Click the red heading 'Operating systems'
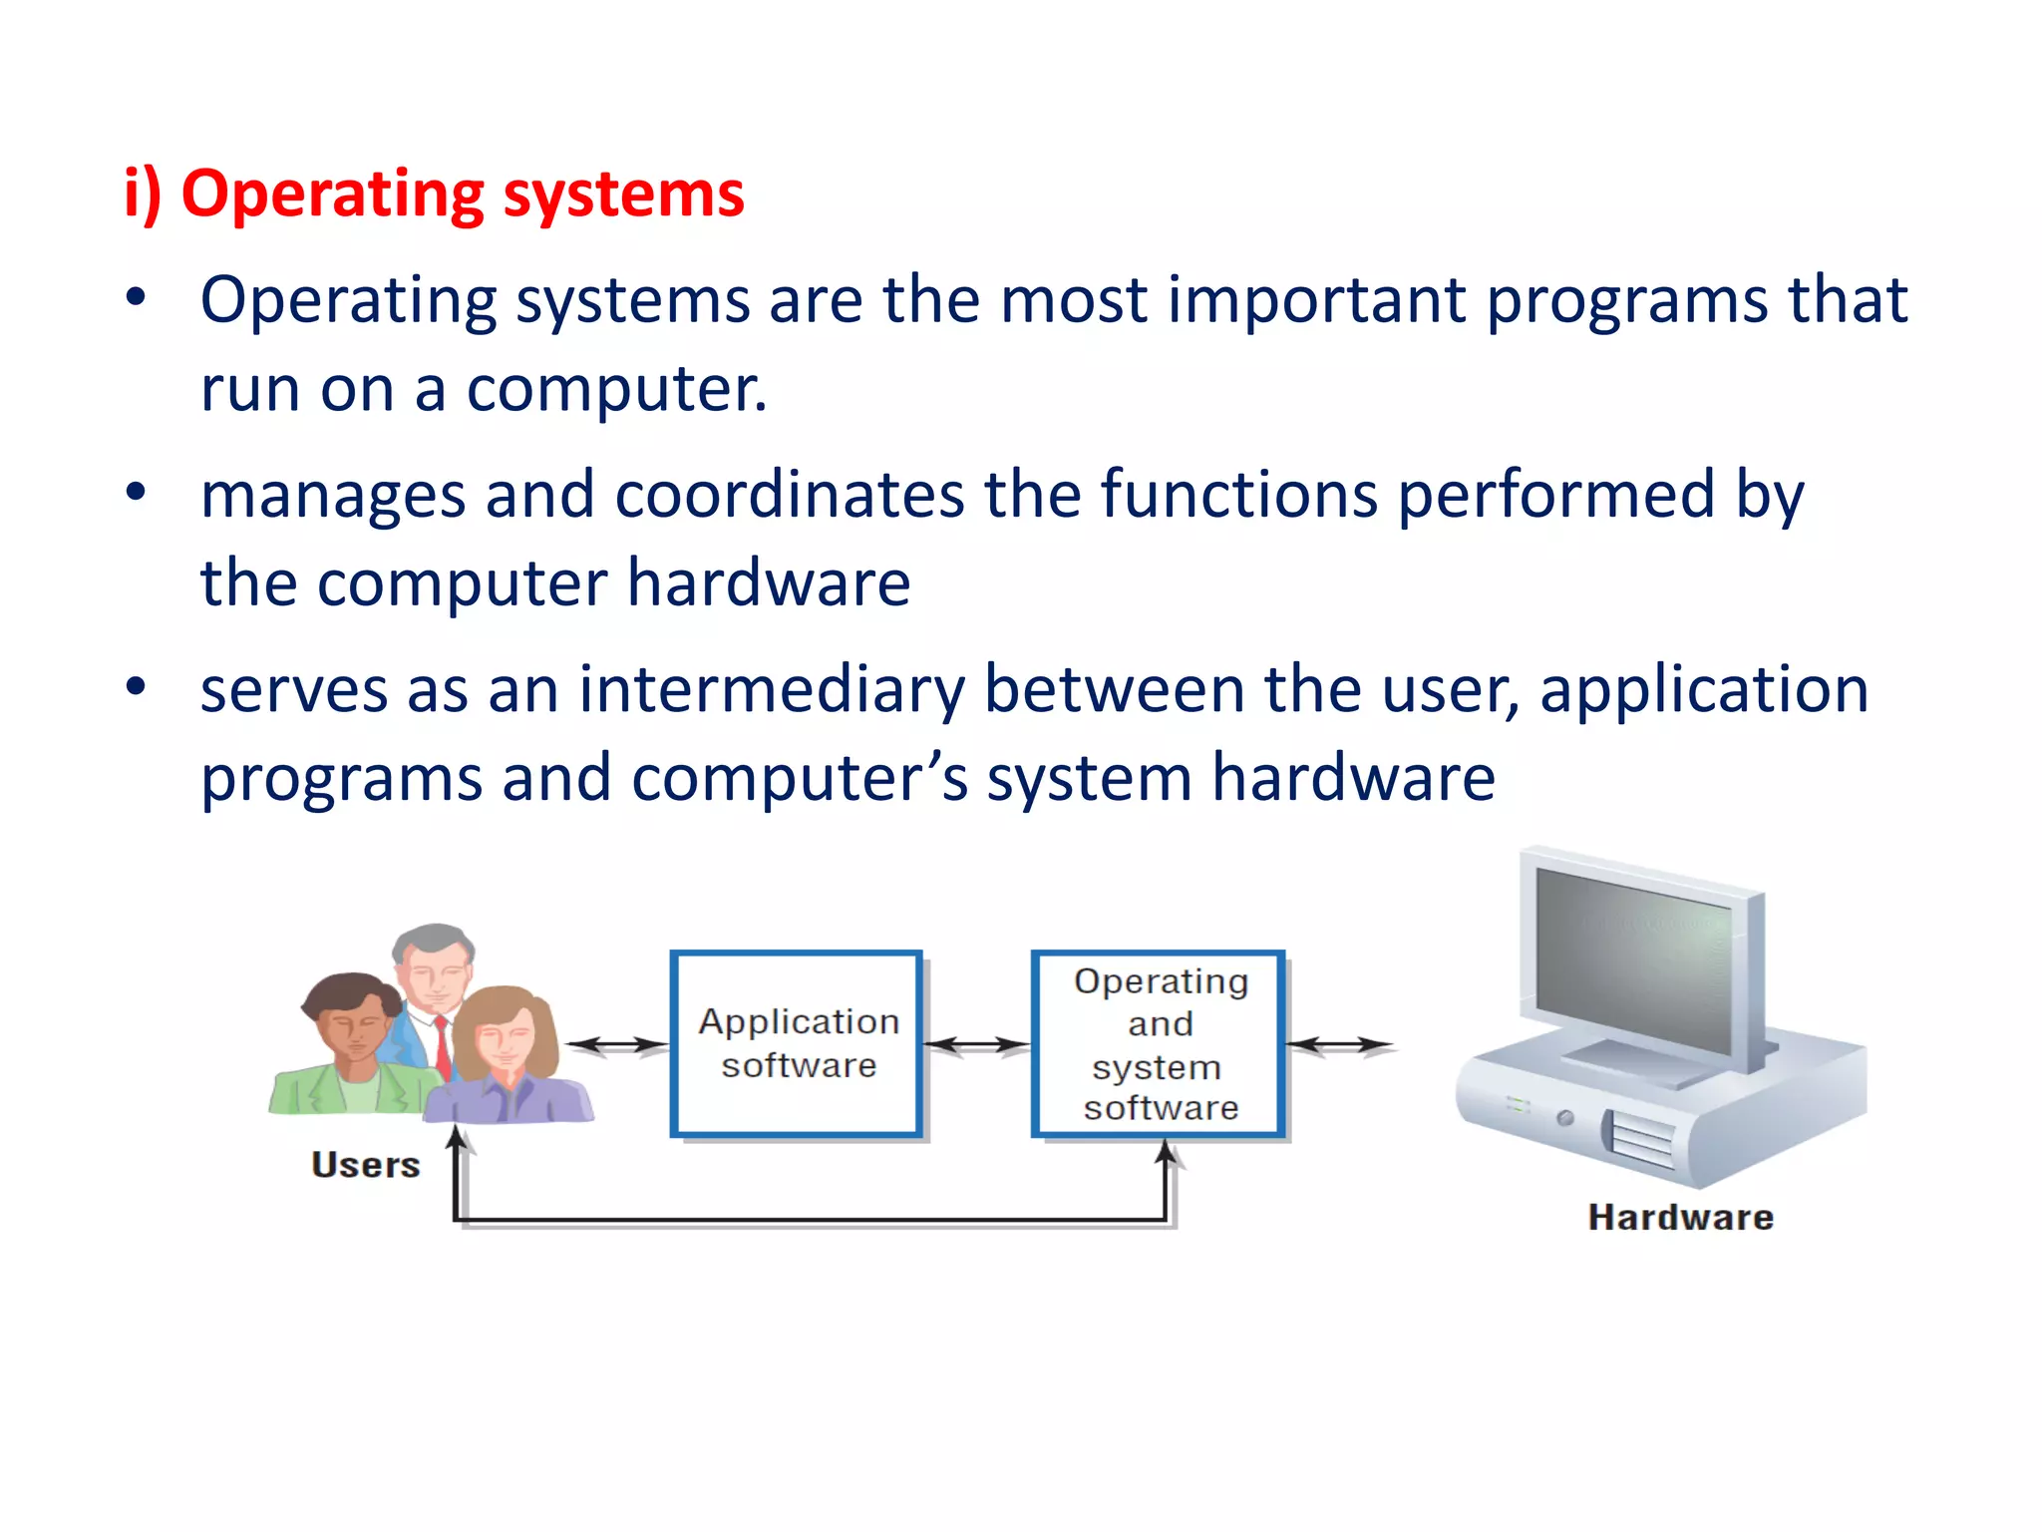click(435, 193)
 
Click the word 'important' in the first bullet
click(1316, 300)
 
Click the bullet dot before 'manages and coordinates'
click(137, 492)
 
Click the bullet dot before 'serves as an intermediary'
click(137, 687)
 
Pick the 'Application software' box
click(797, 1043)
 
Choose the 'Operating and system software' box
click(1159, 1043)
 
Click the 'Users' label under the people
click(365, 1165)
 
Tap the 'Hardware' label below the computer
click(1680, 1218)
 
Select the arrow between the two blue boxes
click(976, 1045)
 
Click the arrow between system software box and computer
click(1339, 1045)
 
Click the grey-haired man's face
click(435, 972)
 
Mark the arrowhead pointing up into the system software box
click(1166, 1153)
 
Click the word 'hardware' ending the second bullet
click(769, 583)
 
